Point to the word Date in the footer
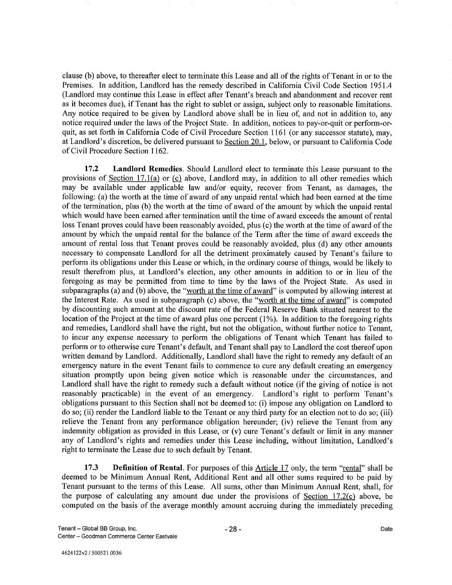click(x=386, y=529)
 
